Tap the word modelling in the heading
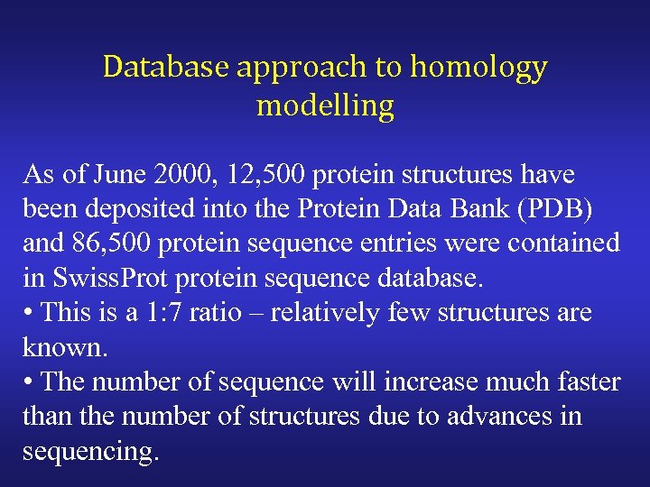point(325,106)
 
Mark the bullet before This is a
point(28,313)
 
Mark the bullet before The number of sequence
point(28,382)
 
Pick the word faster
point(583,382)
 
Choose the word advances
point(504,417)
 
